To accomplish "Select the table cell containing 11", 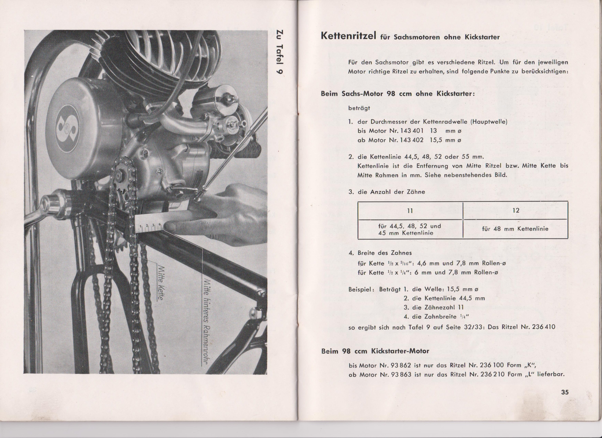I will coord(410,211).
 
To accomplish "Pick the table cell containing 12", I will coord(515,211).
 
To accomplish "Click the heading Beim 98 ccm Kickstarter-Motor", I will coord(375,351).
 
